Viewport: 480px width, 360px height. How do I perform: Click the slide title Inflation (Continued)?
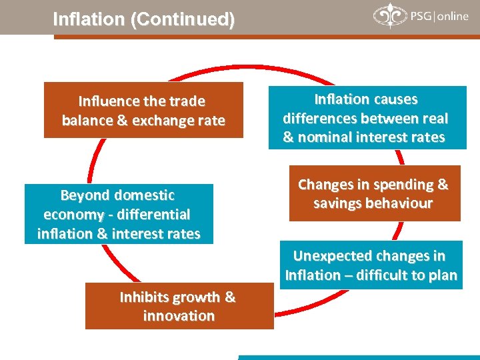[143, 20]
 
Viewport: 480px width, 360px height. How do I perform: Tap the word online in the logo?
[453, 17]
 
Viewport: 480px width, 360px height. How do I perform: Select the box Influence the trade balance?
[143, 110]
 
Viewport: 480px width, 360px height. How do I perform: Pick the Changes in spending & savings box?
[374, 193]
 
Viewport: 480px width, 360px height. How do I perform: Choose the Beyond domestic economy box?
[119, 214]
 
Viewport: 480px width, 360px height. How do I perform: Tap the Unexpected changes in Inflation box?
[371, 265]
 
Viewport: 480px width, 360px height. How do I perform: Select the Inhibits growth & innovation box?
[179, 306]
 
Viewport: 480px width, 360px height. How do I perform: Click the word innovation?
[179, 315]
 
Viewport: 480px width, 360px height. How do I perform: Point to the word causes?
[395, 100]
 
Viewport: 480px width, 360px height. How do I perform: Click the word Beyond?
[84, 195]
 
